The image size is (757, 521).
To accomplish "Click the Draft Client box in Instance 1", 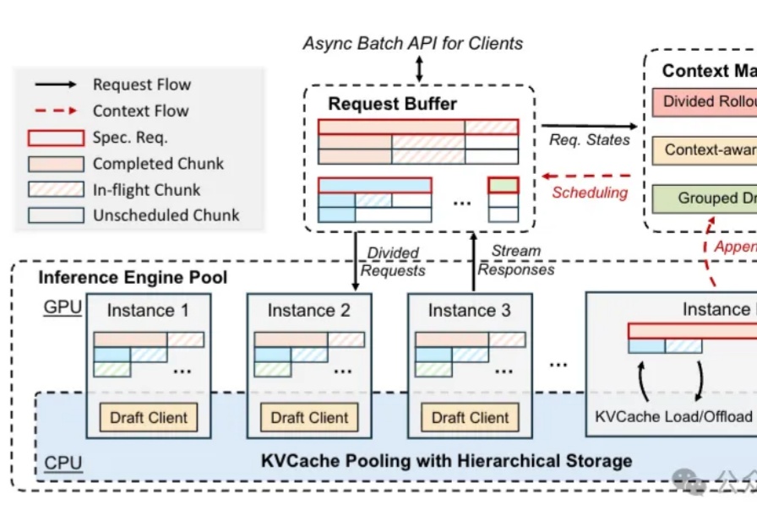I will pos(149,417).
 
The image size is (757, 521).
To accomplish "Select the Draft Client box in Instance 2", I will pos(309,417).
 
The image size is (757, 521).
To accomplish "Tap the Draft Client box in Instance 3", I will pos(470,417).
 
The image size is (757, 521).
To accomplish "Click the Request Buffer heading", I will pos(392,105).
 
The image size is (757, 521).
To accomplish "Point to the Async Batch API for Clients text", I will pos(413,43).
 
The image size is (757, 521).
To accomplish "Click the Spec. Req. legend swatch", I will pos(56,138).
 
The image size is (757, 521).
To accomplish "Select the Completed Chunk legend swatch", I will pos(56,164).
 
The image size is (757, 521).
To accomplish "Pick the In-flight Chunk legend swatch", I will pos(56,190).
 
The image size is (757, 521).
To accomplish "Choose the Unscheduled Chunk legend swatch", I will pos(56,215).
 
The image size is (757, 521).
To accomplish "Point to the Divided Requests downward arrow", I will pos(356,262).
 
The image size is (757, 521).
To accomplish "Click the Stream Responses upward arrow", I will pos(473,262).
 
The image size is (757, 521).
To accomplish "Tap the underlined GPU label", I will pos(63,307).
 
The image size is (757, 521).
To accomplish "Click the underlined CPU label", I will pos(63,464).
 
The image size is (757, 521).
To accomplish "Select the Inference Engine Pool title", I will pos(133,277).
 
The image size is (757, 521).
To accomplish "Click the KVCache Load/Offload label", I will pos(673,416).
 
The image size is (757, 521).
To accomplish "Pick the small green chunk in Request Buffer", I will pos(504,185).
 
